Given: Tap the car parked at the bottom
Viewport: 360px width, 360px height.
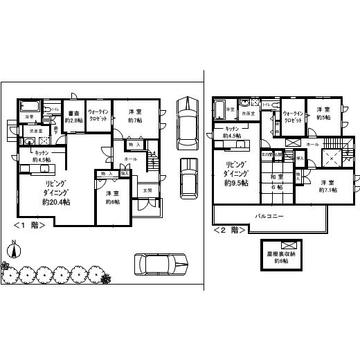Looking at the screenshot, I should (x=161, y=264).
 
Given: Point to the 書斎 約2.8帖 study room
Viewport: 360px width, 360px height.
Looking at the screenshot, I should (x=73, y=116).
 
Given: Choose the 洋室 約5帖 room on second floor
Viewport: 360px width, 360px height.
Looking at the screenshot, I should (x=323, y=114).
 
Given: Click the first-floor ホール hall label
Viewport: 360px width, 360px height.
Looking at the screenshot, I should (x=130, y=159).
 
